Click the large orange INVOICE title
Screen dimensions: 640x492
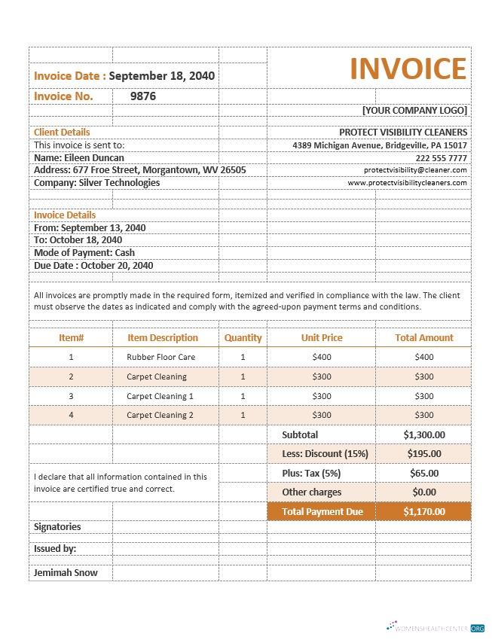point(408,69)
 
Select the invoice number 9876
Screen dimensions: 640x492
point(143,96)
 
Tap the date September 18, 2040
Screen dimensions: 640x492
point(162,75)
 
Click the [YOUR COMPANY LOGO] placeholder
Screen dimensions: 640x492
point(414,111)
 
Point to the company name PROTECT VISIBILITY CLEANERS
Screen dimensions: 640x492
point(403,132)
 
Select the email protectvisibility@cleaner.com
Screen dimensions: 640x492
point(415,170)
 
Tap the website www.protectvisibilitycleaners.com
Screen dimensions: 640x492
point(408,182)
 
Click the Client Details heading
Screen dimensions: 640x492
point(62,132)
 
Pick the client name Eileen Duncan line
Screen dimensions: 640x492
point(79,158)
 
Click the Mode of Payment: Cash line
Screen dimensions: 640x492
point(84,253)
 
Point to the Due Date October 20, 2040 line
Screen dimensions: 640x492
point(93,265)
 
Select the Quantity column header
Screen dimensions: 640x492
point(243,338)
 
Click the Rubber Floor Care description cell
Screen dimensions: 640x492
point(161,357)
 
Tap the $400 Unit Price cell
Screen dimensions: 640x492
point(322,357)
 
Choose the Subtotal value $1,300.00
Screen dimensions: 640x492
point(424,434)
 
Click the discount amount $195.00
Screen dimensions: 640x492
point(424,453)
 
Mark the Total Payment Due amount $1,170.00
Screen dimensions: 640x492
point(424,511)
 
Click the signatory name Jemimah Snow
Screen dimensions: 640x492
point(66,572)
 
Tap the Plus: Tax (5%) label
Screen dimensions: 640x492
point(311,473)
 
